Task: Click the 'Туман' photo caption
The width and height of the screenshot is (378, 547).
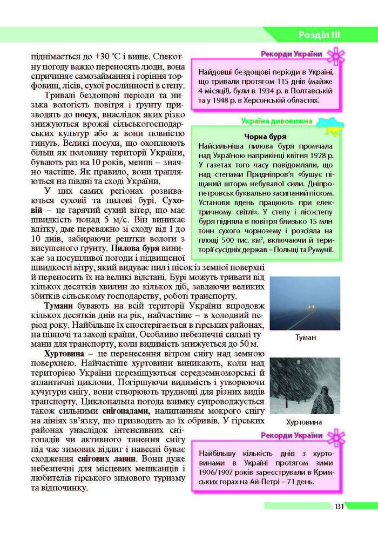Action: (305, 337)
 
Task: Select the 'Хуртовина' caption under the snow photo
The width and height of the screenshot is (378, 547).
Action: (305, 422)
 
